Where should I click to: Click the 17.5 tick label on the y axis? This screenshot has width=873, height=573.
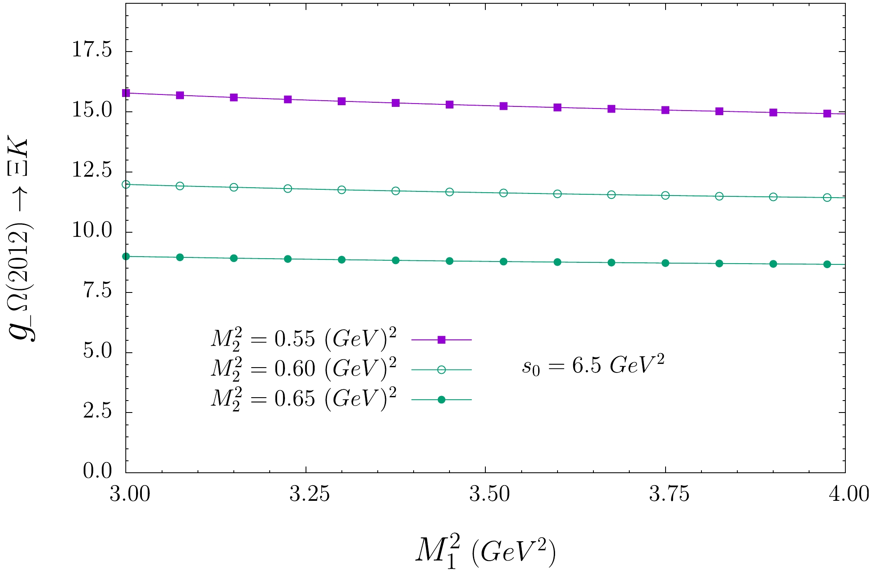[x=92, y=51]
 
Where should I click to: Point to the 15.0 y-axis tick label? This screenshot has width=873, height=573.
[x=92, y=111]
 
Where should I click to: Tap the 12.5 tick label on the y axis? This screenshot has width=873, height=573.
[x=92, y=171]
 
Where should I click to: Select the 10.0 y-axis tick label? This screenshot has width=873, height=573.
[x=92, y=231]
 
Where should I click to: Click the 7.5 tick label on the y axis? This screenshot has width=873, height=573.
[x=97, y=292]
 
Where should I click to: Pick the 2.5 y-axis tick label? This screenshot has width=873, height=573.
[x=97, y=412]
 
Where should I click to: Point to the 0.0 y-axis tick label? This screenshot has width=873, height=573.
[x=97, y=472]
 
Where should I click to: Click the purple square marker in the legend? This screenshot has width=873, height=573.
[x=441, y=340]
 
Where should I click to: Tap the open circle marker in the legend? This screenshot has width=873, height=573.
[x=441, y=370]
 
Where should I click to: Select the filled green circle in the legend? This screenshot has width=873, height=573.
[x=441, y=399]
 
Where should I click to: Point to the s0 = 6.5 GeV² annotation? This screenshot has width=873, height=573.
[x=593, y=365]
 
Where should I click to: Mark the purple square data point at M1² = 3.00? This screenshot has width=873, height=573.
[x=126, y=93]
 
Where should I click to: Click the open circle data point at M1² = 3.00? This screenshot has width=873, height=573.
[x=126, y=184]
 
